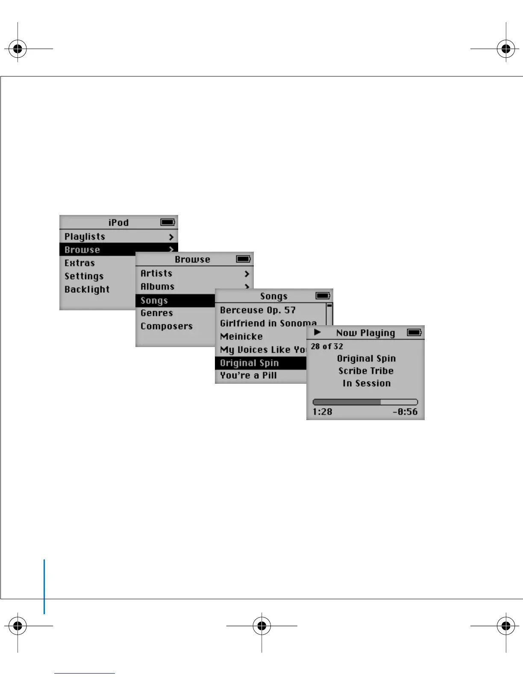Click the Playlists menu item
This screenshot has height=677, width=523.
click(x=85, y=237)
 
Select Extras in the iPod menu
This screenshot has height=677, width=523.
click(x=79, y=263)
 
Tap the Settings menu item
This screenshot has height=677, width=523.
click(x=84, y=277)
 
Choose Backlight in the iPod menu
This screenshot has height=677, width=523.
click(x=87, y=290)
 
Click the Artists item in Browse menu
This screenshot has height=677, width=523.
click(x=156, y=274)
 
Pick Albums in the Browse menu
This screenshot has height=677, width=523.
click(x=157, y=287)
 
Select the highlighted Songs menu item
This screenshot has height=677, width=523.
click(x=154, y=301)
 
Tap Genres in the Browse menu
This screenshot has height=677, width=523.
click(x=156, y=313)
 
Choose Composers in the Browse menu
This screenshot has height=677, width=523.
click(x=166, y=327)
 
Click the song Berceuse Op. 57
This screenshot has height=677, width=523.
click(x=258, y=310)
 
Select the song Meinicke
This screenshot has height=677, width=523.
click(x=241, y=337)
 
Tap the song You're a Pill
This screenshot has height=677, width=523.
click(x=248, y=376)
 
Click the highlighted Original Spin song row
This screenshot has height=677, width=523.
click(x=249, y=363)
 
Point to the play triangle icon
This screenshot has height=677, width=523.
click(x=317, y=332)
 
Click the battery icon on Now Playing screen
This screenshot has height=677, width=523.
click(x=414, y=333)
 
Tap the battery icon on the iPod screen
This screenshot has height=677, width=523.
click(x=167, y=222)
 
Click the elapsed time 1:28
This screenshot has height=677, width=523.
click(x=322, y=412)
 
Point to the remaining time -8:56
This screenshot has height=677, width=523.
click(x=405, y=412)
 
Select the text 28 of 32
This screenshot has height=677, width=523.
click(x=327, y=347)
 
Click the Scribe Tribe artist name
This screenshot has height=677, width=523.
click(x=366, y=371)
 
